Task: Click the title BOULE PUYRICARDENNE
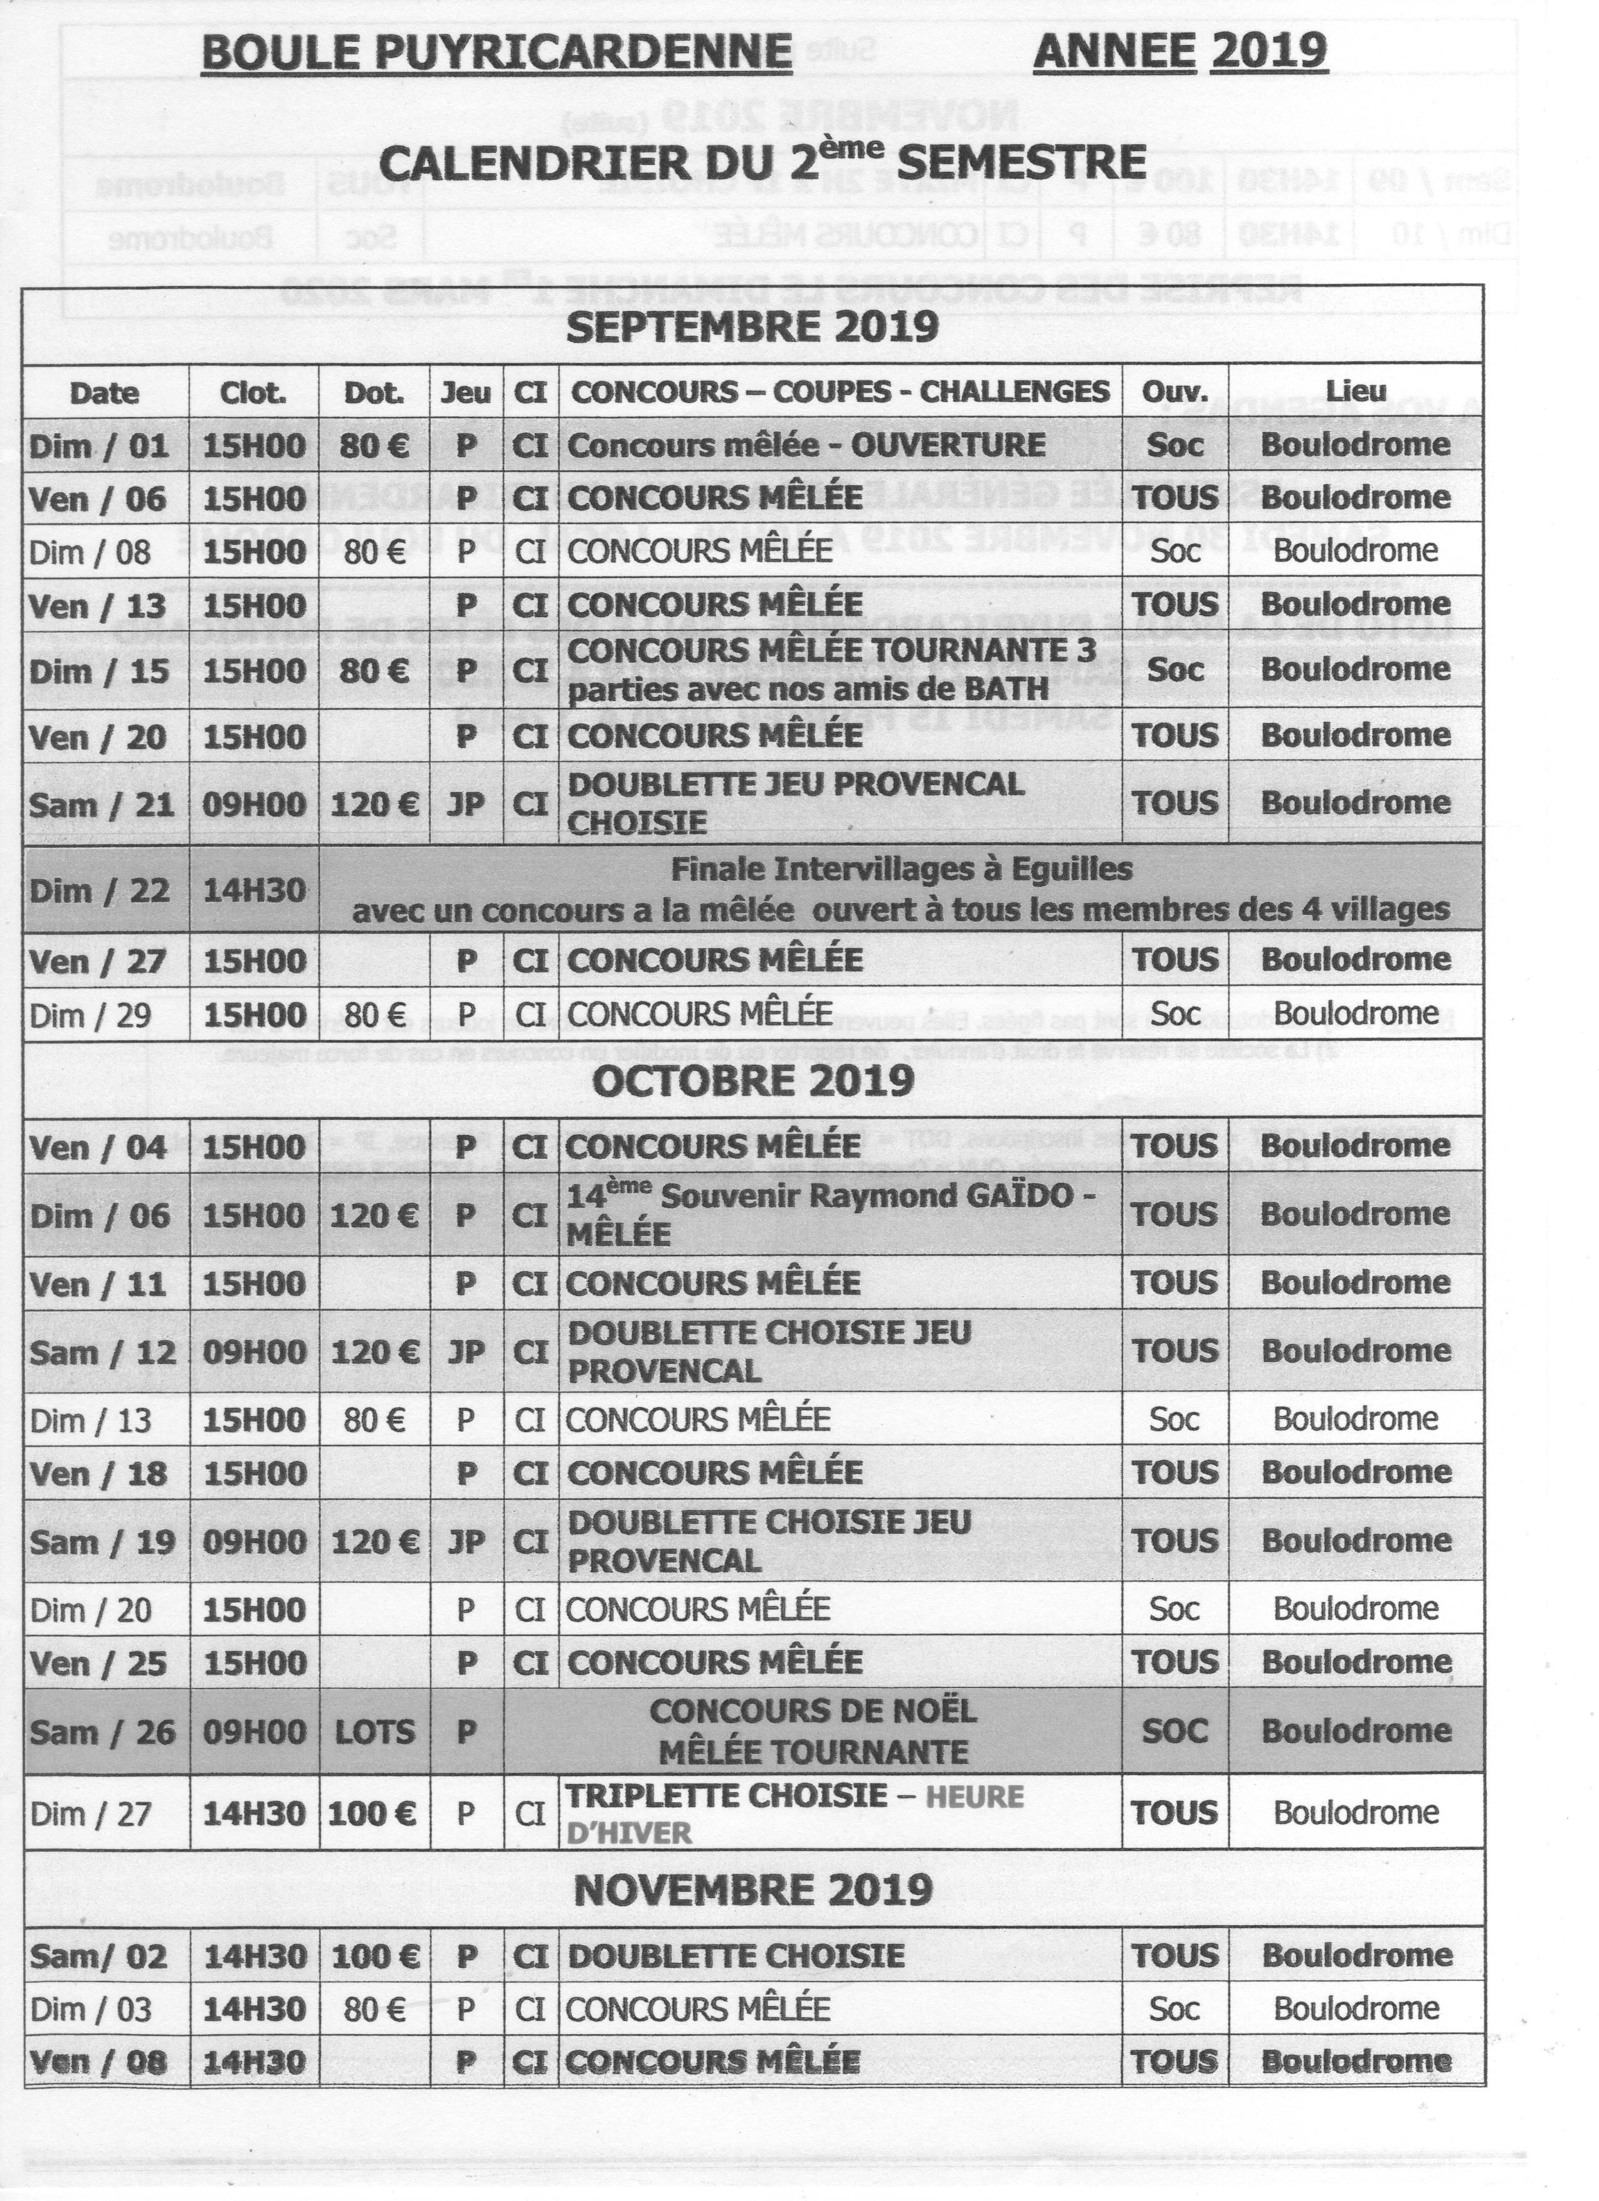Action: click(x=497, y=51)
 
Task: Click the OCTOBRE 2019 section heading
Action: click(x=753, y=1080)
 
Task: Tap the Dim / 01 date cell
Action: click(x=100, y=446)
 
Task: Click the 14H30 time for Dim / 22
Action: click(x=253, y=890)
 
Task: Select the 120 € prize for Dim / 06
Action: click(x=374, y=1216)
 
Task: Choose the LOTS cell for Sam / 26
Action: click(x=374, y=1731)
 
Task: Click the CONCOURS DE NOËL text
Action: click(x=813, y=1710)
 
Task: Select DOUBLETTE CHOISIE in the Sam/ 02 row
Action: click(x=736, y=1955)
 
